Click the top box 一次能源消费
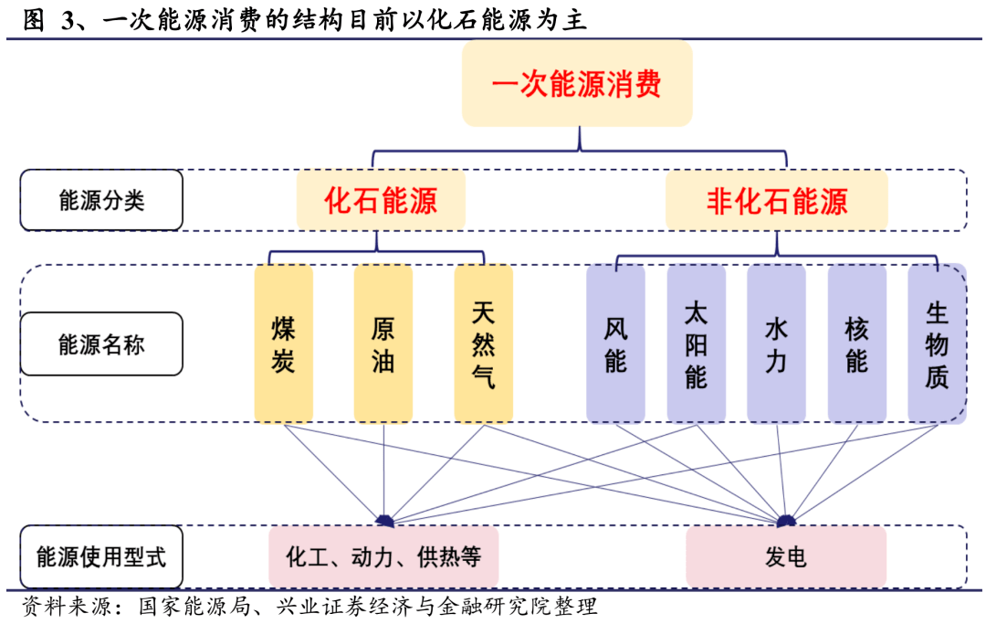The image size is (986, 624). tap(577, 84)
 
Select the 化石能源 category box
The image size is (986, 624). tap(381, 200)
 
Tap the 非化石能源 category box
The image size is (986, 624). tap(777, 200)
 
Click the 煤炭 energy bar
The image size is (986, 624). tap(284, 344)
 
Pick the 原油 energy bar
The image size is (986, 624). tap(383, 344)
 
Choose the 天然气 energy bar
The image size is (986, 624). tap(483, 344)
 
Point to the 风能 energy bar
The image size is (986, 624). tap(615, 344)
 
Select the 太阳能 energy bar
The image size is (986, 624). tap(696, 344)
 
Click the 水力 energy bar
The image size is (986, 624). tap(776, 344)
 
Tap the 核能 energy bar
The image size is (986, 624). tap(857, 344)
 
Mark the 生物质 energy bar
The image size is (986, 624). tap(937, 344)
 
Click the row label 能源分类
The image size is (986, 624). tap(101, 200)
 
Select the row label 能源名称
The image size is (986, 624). tap(101, 344)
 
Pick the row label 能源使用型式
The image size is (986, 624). tap(101, 556)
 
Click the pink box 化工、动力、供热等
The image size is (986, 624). tap(383, 556)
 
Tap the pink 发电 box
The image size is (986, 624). tap(786, 556)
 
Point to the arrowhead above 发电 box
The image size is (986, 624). tap(786, 521)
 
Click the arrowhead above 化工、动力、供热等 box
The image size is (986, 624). tap(385, 521)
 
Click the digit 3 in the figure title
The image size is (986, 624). tap(68, 20)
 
